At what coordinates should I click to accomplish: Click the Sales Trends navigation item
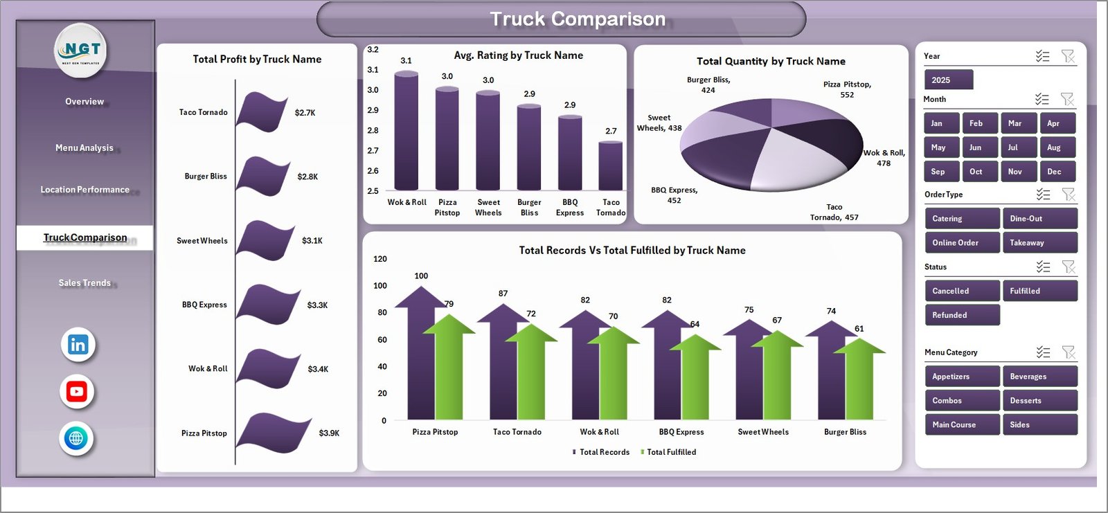(84, 283)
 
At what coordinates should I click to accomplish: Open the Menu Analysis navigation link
(84, 148)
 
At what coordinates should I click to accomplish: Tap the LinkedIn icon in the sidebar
(78, 345)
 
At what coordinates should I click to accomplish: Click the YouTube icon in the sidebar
(77, 392)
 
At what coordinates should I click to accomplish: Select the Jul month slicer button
(1018, 147)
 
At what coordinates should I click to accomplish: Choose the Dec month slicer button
(1057, 172)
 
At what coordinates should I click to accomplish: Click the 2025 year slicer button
(948, 80)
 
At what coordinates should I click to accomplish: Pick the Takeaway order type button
(1039, 243)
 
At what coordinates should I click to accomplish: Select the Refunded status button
(961, 315)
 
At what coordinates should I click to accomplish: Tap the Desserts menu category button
(1039, 401)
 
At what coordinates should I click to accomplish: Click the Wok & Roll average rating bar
(406, 132)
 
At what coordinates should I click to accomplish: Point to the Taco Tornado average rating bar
(610, 165)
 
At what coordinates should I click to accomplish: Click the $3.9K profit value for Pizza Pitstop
(329, 433)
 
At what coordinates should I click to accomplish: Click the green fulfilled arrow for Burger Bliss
(859, 381)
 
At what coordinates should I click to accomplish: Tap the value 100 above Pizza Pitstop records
(421, 276)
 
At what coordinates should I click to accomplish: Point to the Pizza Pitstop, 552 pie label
(847, 89)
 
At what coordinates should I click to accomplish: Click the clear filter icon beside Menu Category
(1069, 353)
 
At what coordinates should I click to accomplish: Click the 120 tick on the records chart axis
(380, 259)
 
